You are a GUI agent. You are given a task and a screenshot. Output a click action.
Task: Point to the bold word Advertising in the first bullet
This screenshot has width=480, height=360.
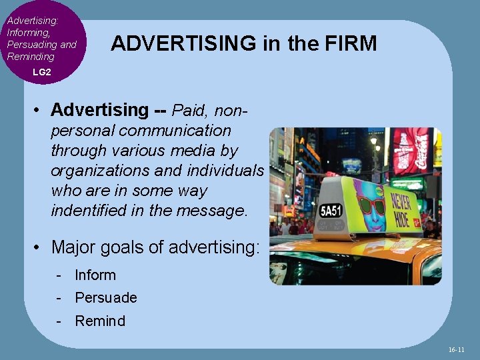[x=99, y=109]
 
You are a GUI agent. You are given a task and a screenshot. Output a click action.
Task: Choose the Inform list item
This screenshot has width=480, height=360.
[x=95, y=275]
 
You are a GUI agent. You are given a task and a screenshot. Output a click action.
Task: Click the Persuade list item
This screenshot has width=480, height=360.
[x=106, y=297]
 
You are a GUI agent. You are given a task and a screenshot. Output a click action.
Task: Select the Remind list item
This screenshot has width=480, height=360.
[x=100, y=321]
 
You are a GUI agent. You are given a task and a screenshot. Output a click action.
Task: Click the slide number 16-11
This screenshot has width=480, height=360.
[x=457, y=349]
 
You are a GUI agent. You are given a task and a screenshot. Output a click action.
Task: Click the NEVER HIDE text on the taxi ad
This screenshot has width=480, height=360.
[x=401, y=209]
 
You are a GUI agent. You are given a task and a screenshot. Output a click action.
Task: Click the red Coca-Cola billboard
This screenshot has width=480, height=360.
[x=413, y=150]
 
